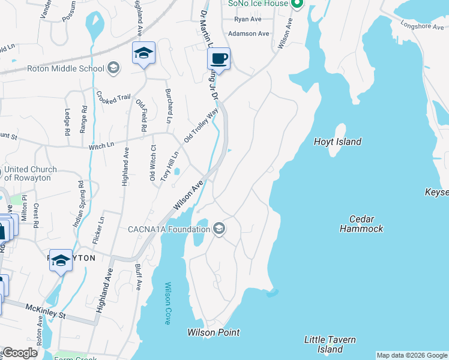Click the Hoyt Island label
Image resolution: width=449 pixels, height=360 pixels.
pos(337,142)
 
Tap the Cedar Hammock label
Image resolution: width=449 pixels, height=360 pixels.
pos(361,224)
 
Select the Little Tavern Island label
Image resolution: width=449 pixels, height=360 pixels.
pos(330,344)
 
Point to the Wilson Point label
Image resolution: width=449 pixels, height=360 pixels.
pos(213,332)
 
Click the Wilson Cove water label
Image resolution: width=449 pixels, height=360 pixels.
pos(167,303)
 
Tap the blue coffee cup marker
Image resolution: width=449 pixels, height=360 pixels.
pos(219,59)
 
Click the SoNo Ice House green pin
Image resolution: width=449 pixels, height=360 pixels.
pos(295,4)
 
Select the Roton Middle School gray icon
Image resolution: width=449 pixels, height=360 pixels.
pos(113,68)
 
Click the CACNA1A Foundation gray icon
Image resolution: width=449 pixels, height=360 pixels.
pos(220,229)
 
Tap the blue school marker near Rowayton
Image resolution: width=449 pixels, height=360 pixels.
pos(61,260)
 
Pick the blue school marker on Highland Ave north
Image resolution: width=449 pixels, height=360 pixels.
pos(143,53)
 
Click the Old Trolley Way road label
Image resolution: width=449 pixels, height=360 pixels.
pos(200,125)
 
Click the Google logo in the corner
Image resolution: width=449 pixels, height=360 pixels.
pos(20,353)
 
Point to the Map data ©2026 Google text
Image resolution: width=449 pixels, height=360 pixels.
pos(411,355)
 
